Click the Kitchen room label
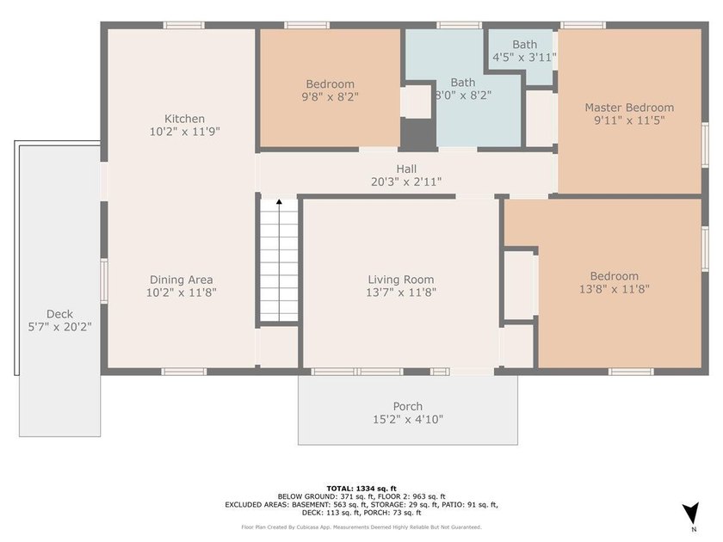pos(184,119)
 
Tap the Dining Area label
pos(182,280)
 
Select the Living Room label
pos(401,280)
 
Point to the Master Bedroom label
pos(629,108)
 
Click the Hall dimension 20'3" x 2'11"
pos(406,182)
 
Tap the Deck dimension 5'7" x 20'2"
pos(60,327)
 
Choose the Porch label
pos(408,406)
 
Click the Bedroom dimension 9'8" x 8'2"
pos(331,96)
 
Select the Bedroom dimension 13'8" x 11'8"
pos(615,289)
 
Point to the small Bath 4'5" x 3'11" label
pos(525,51)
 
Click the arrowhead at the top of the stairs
pos(279,201)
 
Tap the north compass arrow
pos(692,513)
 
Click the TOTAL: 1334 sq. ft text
pos(361,489)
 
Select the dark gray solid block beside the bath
pos(417,133)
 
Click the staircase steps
pos(279,261)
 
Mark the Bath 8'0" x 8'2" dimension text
pos(463,95)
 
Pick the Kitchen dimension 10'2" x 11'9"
pos(184,132)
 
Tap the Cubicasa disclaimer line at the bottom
pos(361,527)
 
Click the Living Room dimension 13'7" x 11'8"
pos(401,293)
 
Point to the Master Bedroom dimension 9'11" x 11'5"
pos(629,120)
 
